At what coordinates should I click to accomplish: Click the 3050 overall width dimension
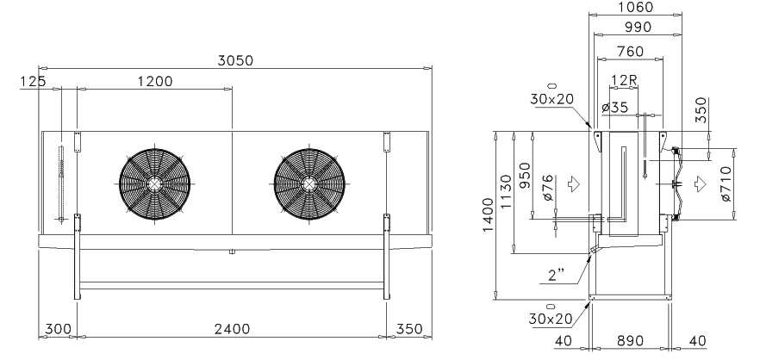235,61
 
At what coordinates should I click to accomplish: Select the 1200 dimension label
155,82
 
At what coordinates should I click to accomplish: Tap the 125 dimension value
34,82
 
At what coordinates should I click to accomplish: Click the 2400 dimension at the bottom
233,330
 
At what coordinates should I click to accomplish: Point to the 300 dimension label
59,330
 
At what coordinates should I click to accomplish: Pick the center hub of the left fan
154,184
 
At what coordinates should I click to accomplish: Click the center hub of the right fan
309,184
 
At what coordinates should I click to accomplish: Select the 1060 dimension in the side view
636,7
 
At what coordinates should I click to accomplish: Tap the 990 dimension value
638,28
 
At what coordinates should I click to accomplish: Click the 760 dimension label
631,52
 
